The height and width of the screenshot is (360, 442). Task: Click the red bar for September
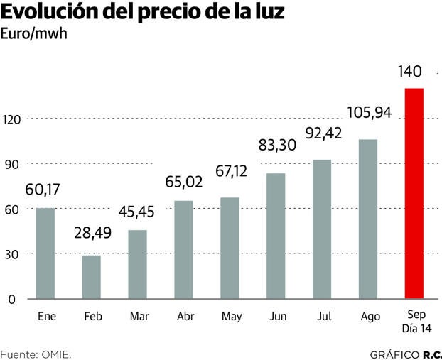[414, 193]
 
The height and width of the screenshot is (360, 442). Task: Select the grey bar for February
[92, 277]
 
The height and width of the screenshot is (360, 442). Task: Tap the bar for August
[368, 219]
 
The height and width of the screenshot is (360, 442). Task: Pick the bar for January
[45, 253]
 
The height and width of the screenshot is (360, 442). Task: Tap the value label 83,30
[277, 148]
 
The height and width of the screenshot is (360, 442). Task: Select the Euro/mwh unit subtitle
[34, 34]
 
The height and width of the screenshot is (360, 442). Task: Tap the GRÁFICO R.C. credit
[405, 353]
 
